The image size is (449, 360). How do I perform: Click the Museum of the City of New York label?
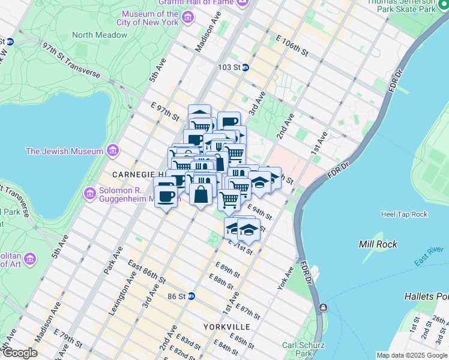pyautogui.click(x=150, y=18)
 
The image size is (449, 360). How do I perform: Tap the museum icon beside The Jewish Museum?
pyautogui.click(x=112, y=151)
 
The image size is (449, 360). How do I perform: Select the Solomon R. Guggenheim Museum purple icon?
pyautogui.click(x=90, y=194)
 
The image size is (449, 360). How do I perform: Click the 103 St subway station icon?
pyautogui.click(x=246, y=68)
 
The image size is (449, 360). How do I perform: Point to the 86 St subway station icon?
pyautogui.click(x=191, y=296)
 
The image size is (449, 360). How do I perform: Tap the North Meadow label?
pyautogui.click(x=100, y=35)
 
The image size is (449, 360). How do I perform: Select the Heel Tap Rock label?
pyautogui.click(x=404, y=214)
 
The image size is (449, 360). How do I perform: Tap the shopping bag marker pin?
pyautogui.click(x=202, y=194)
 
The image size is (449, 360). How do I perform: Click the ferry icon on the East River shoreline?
pyautogui.click(x=324, y=308)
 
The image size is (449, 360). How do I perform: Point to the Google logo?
pyautogui.click(x=20, y=352)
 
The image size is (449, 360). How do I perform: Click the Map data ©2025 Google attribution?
pyautogui.click(x=411, y=355)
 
